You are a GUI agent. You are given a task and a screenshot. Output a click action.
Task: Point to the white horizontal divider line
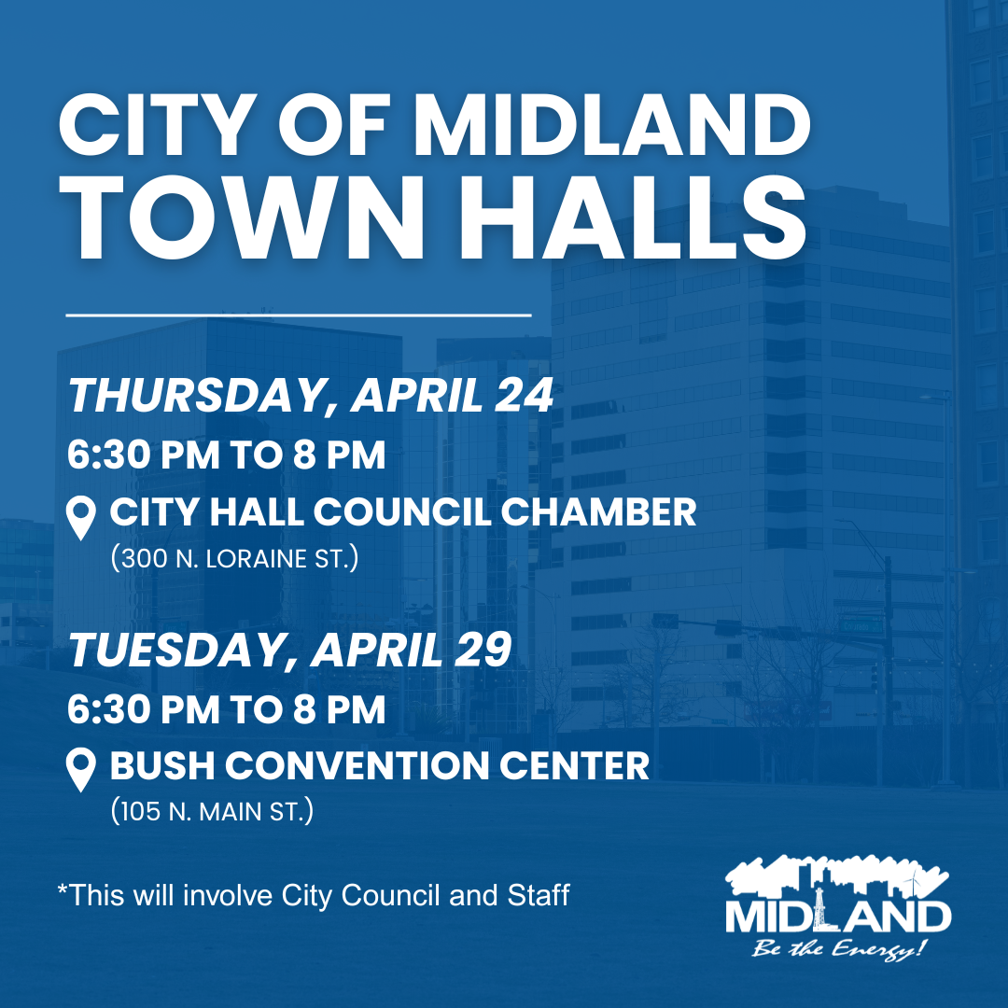[x=299, y=315]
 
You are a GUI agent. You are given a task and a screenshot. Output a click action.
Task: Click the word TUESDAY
[x=175, y=650]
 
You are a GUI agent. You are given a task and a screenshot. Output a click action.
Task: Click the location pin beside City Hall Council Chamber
[x=82, y=518]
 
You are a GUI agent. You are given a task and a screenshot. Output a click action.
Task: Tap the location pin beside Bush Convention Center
[x=82, y=771]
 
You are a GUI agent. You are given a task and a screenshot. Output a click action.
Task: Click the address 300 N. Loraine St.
[x=234, y=560]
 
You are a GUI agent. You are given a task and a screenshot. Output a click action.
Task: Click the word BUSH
[x=161, y=766]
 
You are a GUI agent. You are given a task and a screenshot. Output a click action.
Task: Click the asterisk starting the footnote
[x=63, y=890]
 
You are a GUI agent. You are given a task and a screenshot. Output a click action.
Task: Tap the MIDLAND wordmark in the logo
[x=838, y=916]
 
